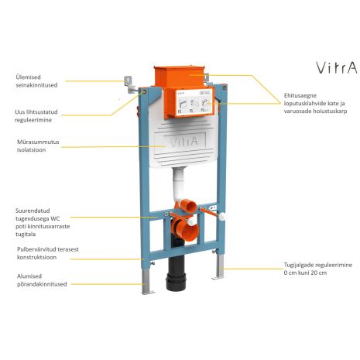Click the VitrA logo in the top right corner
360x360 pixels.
pyautogui.click(x=337, y=67)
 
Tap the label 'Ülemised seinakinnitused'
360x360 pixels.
pyautogui.click(x=36, y=81)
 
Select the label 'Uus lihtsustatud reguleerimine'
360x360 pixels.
pyautogui.click(x=36, y=116)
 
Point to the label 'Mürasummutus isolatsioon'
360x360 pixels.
pyautogui.click(x=38, y=146)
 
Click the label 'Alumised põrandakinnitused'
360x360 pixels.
pyautogui.click(x=42, y=280)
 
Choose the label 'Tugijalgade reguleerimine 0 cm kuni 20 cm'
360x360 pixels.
pyautogui.click(x=318, y=269)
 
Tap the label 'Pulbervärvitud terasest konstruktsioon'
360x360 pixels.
pyautogui.click(x=48, y=253)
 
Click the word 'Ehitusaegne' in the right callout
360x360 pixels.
pyautogui.click(x=300, y=95)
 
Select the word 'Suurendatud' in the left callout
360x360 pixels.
pyautogui.click(x=33, y=211)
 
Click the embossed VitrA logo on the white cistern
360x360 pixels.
pyautogui.click(x=184, y=142)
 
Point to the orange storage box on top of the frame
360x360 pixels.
pyautogui.click(x=180, y=76)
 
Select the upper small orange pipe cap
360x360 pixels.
pyautogui.click(x=188, y=206)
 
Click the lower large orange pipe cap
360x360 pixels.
pyautogui.click(x=185, y=229)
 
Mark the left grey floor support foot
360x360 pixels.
pyautogui.click(x=147, y=282)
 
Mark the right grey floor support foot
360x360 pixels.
pyautogui.click(x=219, y=267)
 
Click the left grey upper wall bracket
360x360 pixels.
pyautogui.click(x=130, y=84)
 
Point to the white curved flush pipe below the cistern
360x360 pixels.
pyautogui.click(x=178, y=186)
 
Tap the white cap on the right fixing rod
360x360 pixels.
pyautogui.click(x=221, y=216)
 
